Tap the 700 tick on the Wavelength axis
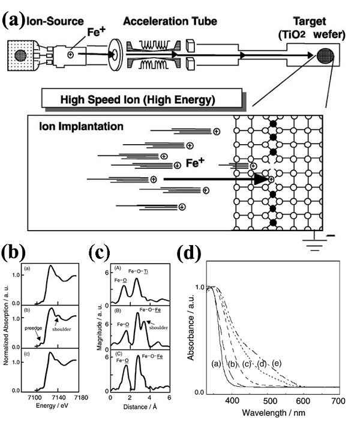coord(339,401)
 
